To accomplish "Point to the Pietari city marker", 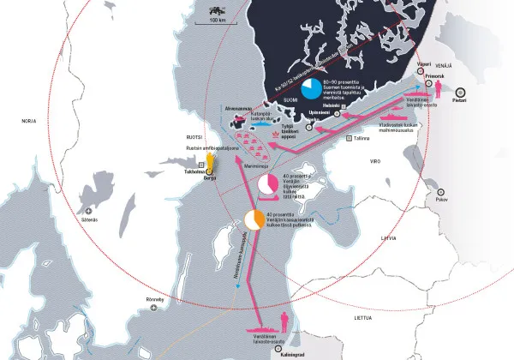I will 460,91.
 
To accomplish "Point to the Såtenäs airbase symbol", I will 89,210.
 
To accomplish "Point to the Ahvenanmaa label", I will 237,109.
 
